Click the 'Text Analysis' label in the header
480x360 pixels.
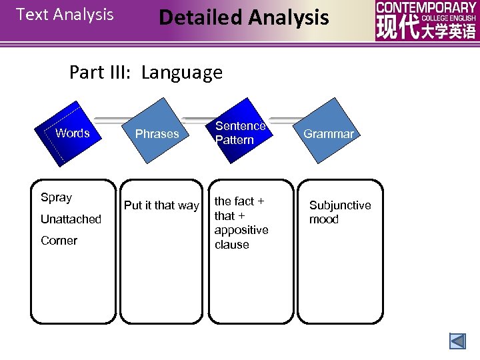(x=65, y=15)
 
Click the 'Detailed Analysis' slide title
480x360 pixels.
(x=243, y=17)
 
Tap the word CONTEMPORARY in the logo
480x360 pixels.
(x=426, y=7)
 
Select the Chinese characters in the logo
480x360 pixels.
(x=426, y=29)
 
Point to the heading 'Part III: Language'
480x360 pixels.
(x=145, y=72)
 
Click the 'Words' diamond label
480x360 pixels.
(x=73, y=133)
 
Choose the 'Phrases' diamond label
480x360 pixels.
(x=157, y=134)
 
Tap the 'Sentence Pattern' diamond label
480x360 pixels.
(x=240, y=133)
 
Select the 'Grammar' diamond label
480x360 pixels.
(x=329, y=134)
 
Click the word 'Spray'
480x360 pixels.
(x=56, y=197)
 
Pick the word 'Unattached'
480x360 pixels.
(x=71, y=219)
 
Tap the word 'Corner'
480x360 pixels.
(x=59, y=241)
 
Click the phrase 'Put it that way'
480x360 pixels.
(x=161, y=205)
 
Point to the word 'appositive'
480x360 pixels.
(x=241, y=230)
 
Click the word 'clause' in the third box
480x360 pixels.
(x=231, y=245)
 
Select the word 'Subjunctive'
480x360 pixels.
(x=340, y=205)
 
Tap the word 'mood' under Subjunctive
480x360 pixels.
(x=323, y=219)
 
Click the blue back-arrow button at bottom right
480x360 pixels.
(x=457, y=341)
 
